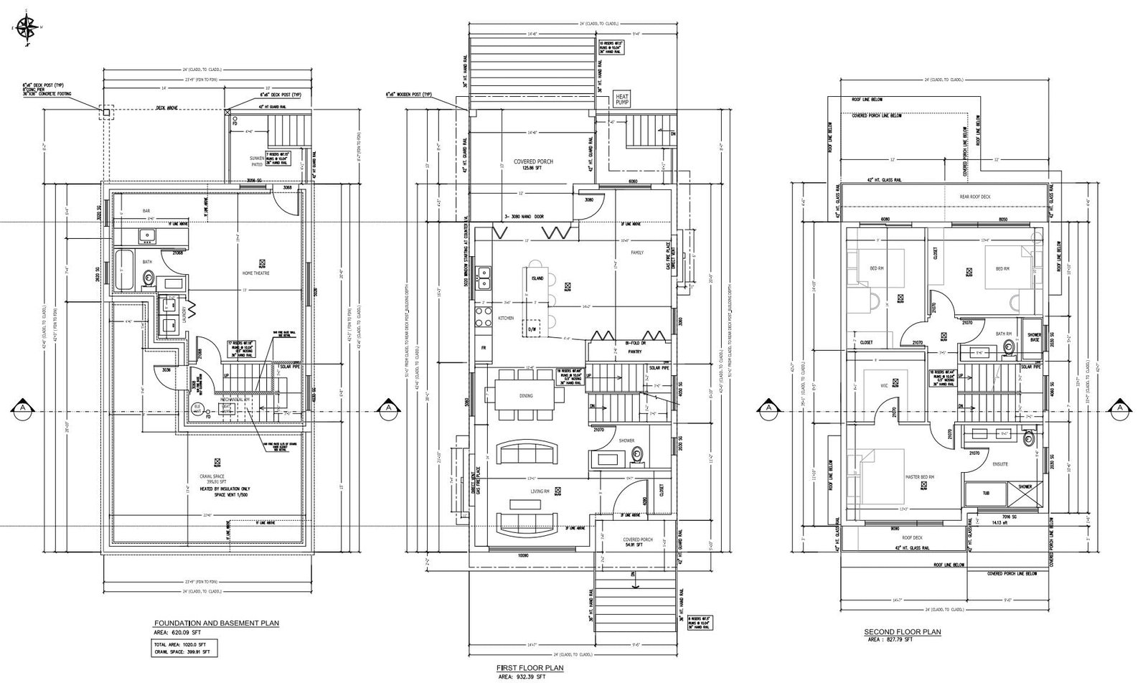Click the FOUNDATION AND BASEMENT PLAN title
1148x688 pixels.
(x=217, y=623)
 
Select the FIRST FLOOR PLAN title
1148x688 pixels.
(x=530, y=668)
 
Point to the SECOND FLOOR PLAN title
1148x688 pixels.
(x=902, y=632)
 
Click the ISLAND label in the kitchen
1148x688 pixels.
(x=537, y=278)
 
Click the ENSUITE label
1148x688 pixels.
(x=1000, y=464)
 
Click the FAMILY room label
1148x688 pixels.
(x=637, y=253)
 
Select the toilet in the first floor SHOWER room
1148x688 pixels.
(x=636, y=453)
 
